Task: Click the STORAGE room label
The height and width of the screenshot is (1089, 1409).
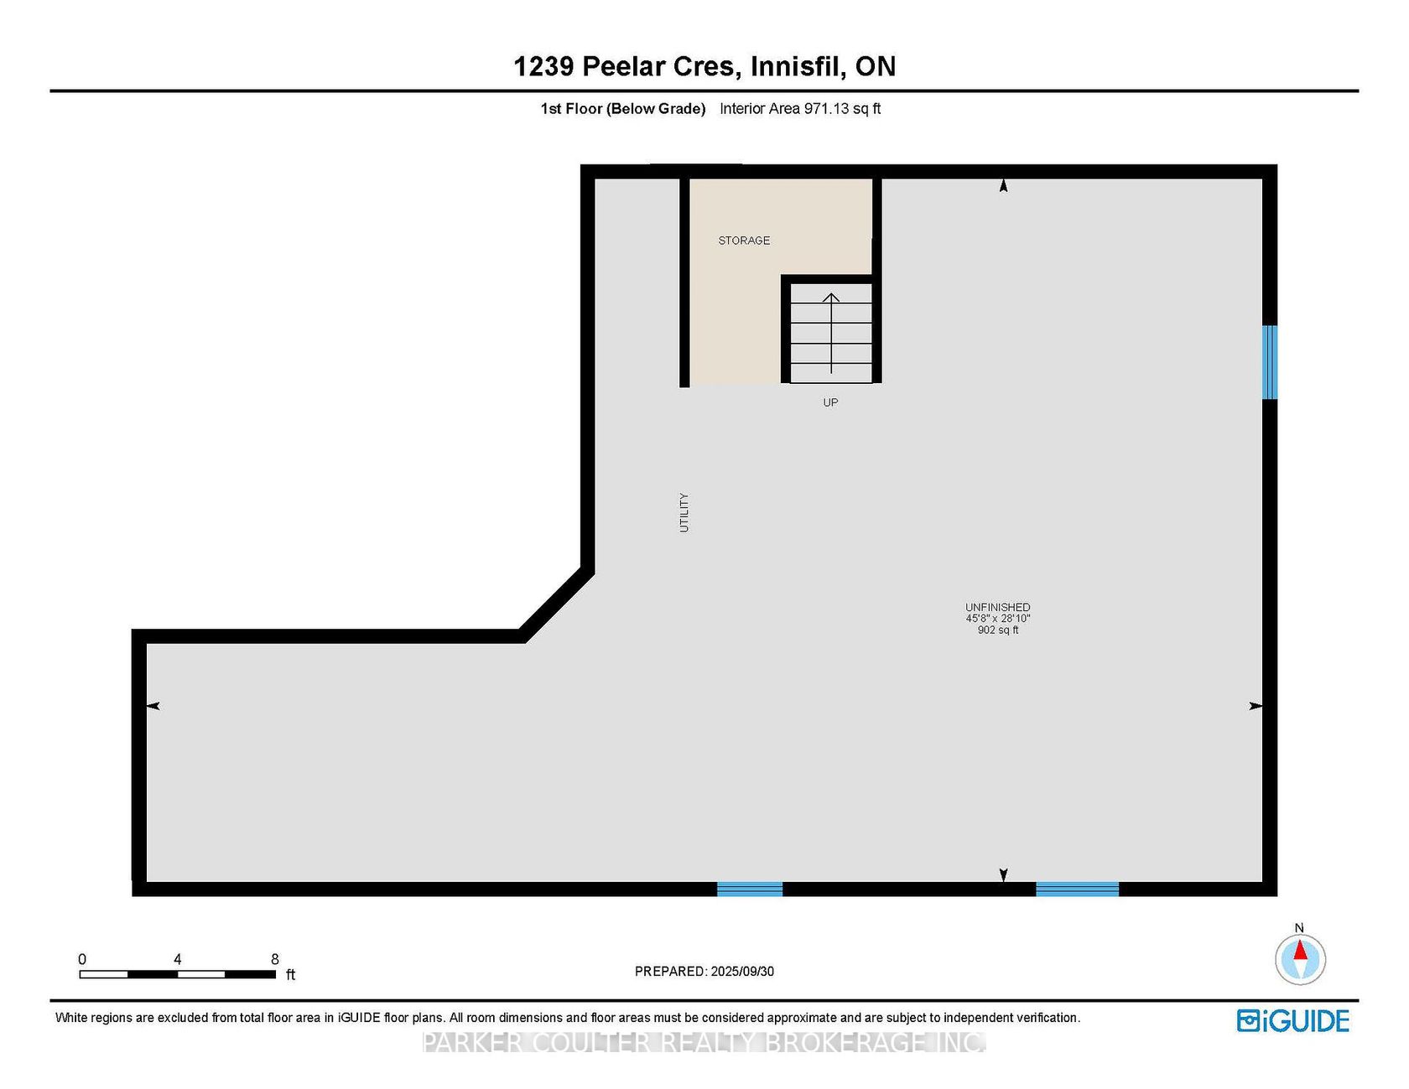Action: point(744,241)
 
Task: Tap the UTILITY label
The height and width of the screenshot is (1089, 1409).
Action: point(684,512)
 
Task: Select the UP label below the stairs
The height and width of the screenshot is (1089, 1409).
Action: point(830,402)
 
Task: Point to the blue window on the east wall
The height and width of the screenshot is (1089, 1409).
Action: point(1270,362)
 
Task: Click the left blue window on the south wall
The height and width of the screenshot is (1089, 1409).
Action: point(750,889)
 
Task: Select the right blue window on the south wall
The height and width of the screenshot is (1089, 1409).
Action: point(1077,889)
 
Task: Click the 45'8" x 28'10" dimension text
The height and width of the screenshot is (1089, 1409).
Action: point(998,619)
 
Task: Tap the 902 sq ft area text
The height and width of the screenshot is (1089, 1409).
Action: point(998,630)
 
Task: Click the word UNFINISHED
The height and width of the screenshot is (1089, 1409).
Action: point(998,607)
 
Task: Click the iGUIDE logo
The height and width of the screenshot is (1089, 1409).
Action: point(1293,1020)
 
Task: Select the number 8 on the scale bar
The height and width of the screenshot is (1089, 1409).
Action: point(275,959)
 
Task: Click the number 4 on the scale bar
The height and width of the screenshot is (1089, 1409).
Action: point(178,959)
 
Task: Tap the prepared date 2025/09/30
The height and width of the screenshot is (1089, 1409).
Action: point(742,972)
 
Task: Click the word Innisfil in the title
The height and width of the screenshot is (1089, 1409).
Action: point(798,66)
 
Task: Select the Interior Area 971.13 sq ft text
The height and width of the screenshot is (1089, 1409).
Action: point(800,109)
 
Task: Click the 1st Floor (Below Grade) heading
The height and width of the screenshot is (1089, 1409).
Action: point(623,109)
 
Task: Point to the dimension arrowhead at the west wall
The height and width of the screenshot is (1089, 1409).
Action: point(153,706)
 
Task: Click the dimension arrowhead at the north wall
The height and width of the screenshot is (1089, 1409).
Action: point(1003,185)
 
